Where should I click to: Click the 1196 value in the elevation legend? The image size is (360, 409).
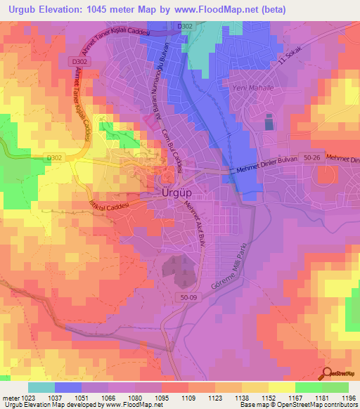click(347, 397)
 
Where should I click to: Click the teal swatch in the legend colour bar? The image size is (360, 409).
click(41, 387)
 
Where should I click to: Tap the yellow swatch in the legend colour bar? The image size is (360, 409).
click(281, 387)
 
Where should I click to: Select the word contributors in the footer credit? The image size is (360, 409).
click(336, 405)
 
